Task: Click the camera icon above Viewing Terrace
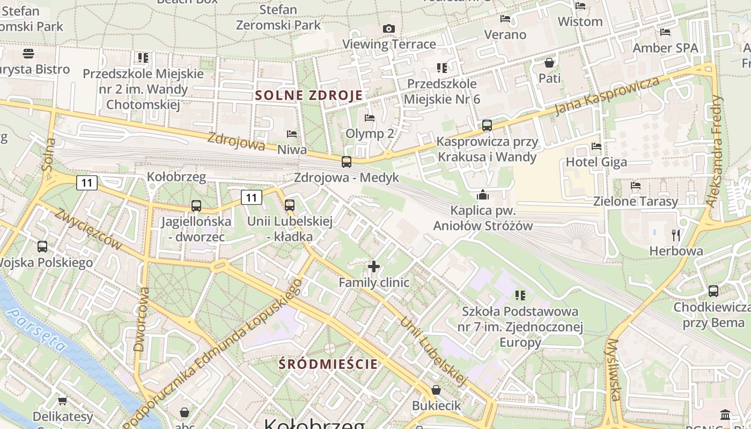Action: pyautogui.click(x=389, y=28)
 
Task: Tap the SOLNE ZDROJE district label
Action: pyautogui.click(x=308, y=95)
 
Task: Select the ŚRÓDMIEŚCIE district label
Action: pyautogui.click(x=328, y=364)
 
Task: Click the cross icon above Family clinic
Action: pyautogui.click(x=374, y=266)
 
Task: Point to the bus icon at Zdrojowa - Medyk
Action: pyautogui.click(x=347, y=161)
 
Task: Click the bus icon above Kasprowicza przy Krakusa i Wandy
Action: pyautogui.click(x=487, y=125)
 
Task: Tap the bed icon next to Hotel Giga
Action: pyautogui.click(x=596, y=146)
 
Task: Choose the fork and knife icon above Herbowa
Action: pyautogui.click(x=676, y=235)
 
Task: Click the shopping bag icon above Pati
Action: pyautogui.click(x=549, y=63)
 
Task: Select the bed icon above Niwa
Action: pyautogui.click(x=292, y=134)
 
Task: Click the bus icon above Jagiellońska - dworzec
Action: pyautogui.click(x=196, y=205)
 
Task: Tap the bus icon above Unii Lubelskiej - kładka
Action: pyautogui.click(x=290, y=205)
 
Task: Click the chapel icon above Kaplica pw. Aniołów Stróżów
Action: pyautogui.click(x=483, y=194)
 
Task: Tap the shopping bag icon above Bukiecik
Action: pyautogui.click(x=436, y=389)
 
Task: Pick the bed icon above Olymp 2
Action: pyautogui.click(x=370, y=117)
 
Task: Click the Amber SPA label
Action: pyautogui.click(x=665, y=48)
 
